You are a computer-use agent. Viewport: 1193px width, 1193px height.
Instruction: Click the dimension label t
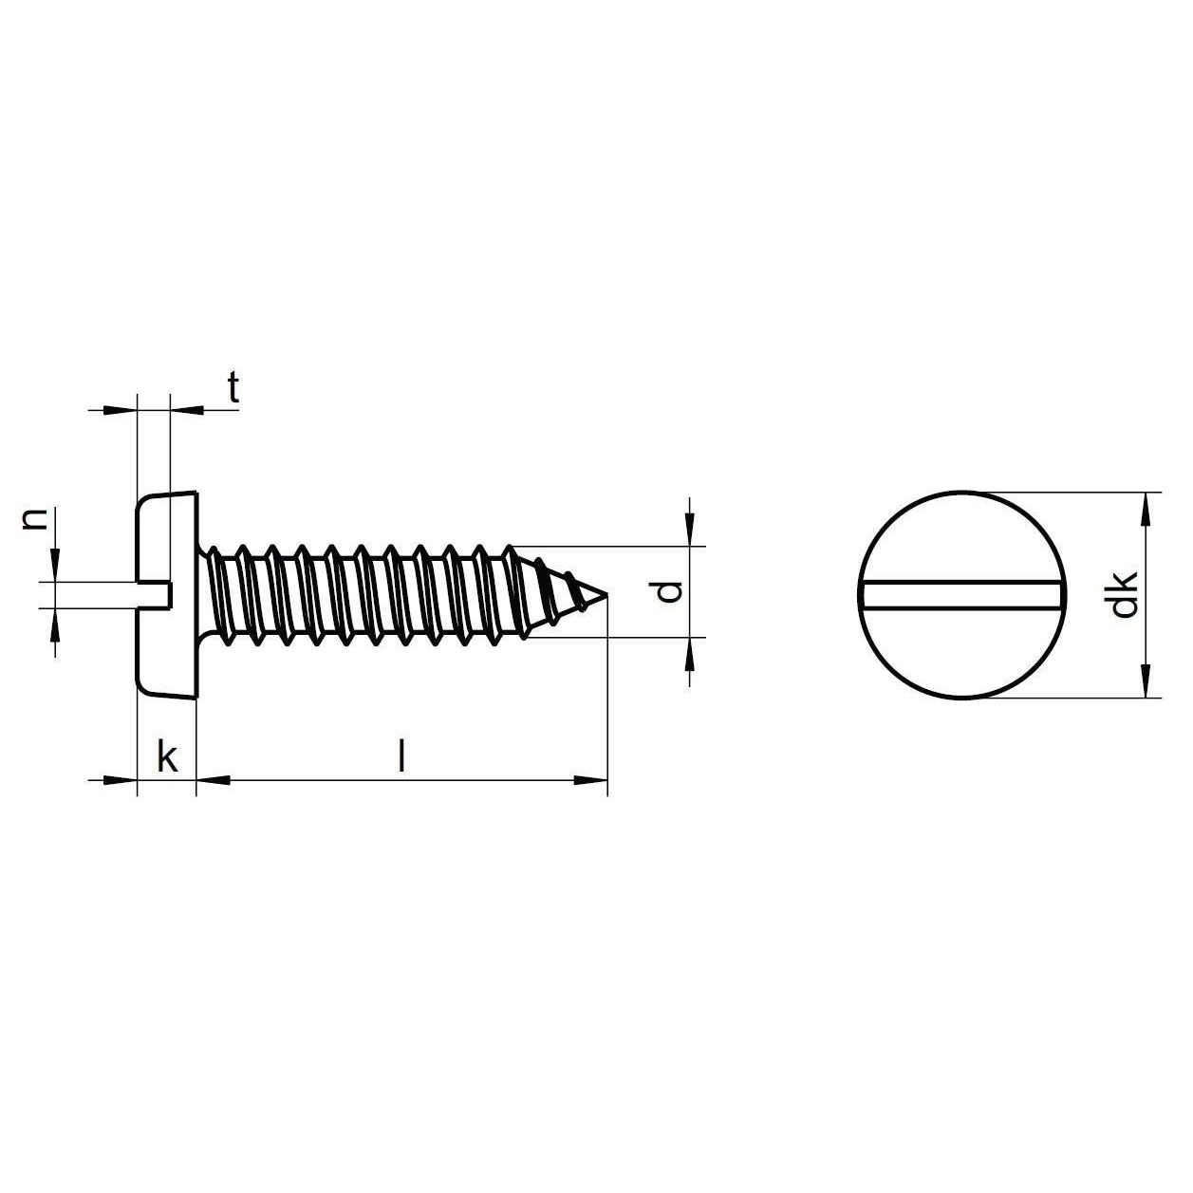[x=233, y=388]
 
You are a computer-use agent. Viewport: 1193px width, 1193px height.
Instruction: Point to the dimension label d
[x=668, y=592]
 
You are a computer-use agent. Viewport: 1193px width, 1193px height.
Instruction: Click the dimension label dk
[x=1125, y=594]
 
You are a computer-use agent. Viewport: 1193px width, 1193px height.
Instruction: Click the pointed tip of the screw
[x=606, y=594]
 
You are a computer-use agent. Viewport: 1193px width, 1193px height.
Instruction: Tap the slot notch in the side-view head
[x=153, y=595]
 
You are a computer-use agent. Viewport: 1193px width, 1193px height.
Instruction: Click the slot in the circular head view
[x=961, y=595]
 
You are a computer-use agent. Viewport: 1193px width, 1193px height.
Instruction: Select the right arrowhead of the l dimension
[x=590, y=781]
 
